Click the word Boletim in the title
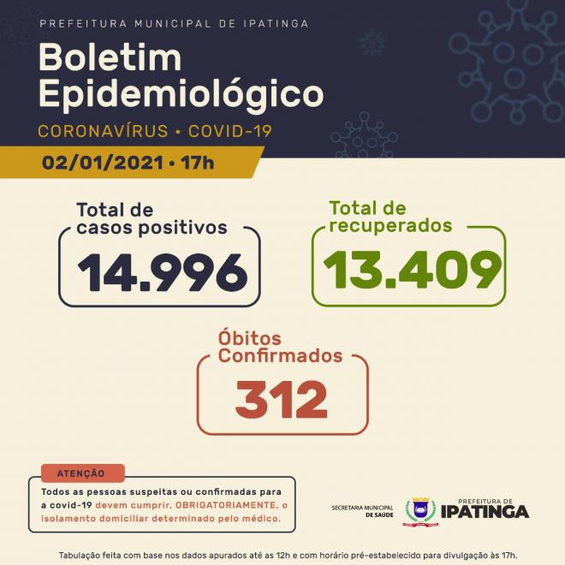click(x=110, y=57)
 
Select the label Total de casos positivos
click(x=152, y=219)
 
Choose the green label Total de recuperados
click(x=390, y=217)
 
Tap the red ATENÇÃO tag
click(x=81, y=473)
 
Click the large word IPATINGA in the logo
click(x=485, y=513)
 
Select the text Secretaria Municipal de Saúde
click(x=365, y=512)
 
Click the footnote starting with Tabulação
click(x=282, y=555)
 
